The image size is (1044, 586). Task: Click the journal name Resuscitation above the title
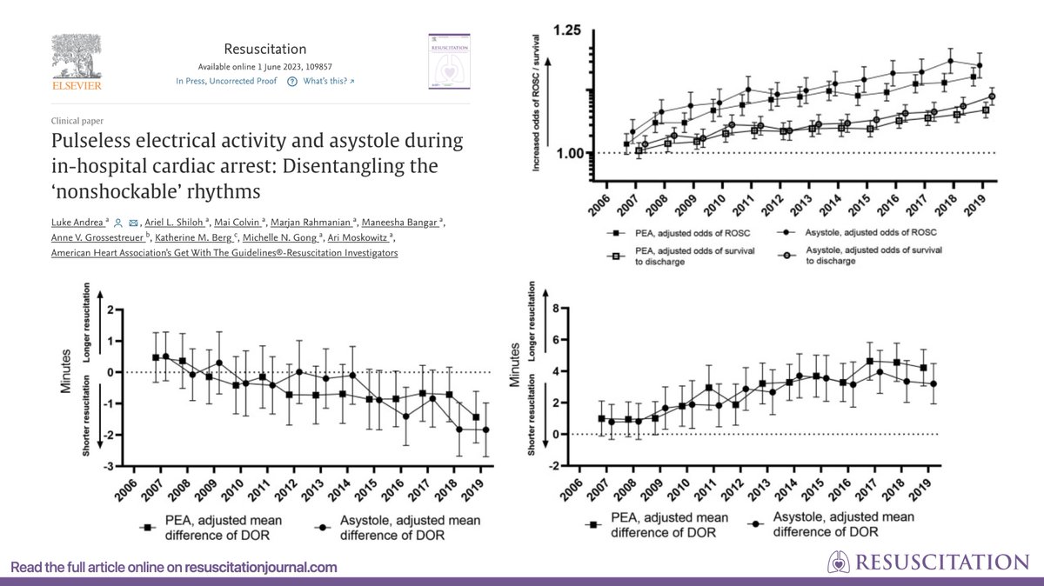264,49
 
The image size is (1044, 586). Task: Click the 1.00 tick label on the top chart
568,153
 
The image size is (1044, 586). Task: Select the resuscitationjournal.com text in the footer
260,567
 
